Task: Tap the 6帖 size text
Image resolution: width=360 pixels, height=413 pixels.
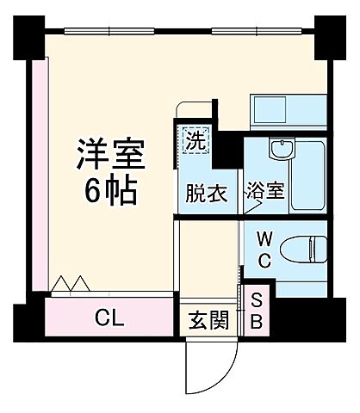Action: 109,192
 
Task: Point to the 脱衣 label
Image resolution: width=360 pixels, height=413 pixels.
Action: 207,193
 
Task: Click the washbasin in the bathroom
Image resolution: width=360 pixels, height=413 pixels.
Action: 281,151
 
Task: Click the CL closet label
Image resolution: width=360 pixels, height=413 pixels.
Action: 109,319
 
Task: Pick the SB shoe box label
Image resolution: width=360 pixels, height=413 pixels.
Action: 257,313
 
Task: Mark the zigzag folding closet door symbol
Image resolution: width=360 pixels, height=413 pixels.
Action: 71,283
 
